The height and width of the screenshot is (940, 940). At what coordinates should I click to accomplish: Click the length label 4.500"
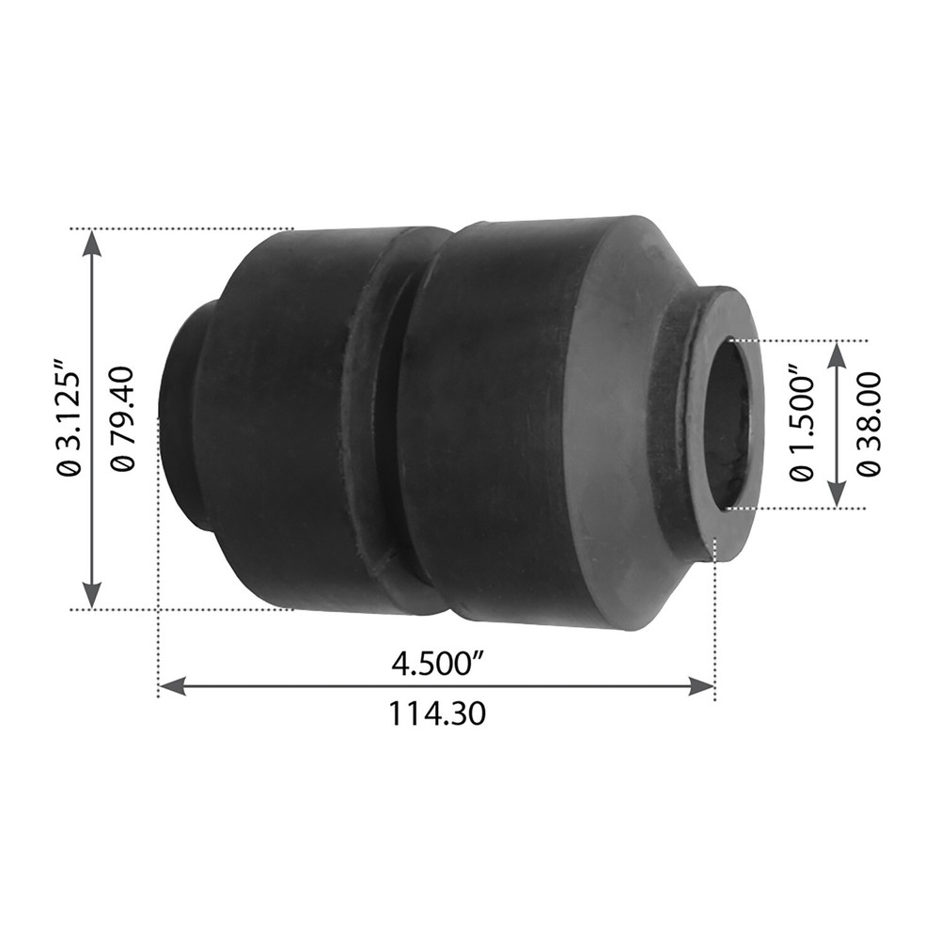[x=437, y=664]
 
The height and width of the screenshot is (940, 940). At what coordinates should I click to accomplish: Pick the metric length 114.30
[x=437, y=715]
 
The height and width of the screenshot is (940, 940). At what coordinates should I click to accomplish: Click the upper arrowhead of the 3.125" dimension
[x=91, y=241]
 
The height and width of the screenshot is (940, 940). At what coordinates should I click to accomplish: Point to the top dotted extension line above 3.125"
[x=188, y=227]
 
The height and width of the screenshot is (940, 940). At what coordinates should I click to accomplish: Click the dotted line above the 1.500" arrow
[x=808, y=340]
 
